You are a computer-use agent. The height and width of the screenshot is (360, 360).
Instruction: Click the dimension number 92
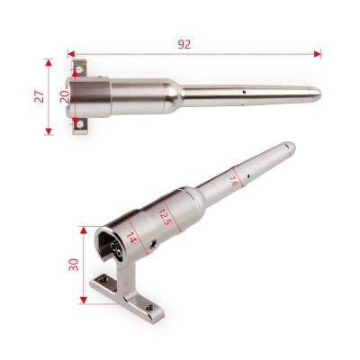point(184,44)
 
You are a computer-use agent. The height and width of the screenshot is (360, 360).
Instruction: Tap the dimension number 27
point(40,96)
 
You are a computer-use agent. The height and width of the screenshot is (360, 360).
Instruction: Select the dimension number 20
point(65,96)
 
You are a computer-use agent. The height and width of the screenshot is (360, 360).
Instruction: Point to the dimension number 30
point(74,265)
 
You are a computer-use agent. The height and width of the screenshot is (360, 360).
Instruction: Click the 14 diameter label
point(131,238)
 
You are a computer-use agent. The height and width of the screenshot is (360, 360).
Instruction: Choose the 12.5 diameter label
point(164,217)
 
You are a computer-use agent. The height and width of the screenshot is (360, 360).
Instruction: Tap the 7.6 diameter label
point(233,181)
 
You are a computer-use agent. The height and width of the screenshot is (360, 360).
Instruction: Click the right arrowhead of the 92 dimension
point(318,54)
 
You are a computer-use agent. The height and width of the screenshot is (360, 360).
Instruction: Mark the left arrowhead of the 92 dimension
point(71,54)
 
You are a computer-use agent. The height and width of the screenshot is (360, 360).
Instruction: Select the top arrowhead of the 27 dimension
point(49,62)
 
